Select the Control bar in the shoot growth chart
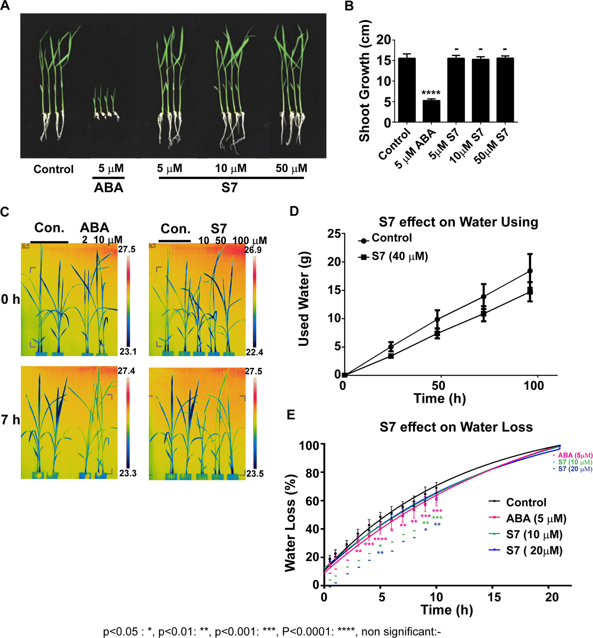(407, 90)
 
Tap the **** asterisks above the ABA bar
(431, 93)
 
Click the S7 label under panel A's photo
(229, 188)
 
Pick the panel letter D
(294, 211)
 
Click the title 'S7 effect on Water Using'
(458, 222)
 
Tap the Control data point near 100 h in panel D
(530, 271)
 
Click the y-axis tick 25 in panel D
(334, 233)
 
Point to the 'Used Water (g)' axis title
(304, 299)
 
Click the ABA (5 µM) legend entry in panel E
(536, 519)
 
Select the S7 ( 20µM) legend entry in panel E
(534, 550)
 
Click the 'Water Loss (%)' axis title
(290, 523)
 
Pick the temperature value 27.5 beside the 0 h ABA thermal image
(127, 249)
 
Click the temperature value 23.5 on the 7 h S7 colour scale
(255, 473)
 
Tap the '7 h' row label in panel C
(10, 420)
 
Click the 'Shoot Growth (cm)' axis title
(364, 81)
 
